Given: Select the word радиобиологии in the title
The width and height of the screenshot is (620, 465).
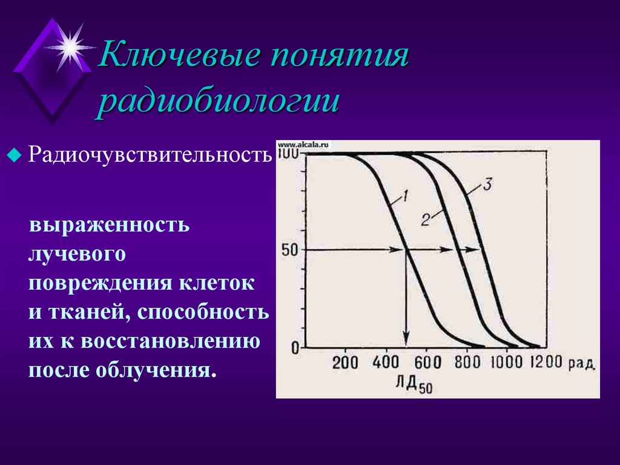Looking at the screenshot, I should coord(219,101).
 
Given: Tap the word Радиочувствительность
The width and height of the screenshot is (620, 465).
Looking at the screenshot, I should coord(149,155).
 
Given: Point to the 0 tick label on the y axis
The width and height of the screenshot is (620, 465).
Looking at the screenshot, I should coord(295,348).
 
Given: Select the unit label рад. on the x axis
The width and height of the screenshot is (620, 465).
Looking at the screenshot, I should coord(582,363).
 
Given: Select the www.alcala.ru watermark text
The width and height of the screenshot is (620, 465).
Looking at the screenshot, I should coord(302,145).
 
